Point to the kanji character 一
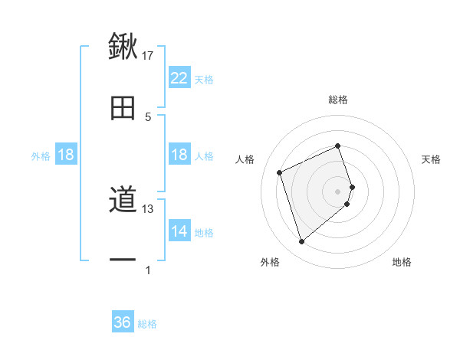[123, 260]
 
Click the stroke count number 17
[148, 55]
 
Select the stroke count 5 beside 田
[148, 116]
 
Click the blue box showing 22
[179, 78]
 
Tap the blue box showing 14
[179, 231]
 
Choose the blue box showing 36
[123, 322]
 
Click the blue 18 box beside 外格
[66, 155]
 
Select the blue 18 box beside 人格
[179, 155]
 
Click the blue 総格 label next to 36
[147, 324]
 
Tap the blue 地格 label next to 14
[204, 233]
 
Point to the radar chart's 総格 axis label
[338, 100]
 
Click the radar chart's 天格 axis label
[432, 159]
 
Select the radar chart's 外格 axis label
[270, 262]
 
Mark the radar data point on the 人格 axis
[281, 172]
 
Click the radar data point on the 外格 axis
[302, 242]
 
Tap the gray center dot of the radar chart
[338, 191]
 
